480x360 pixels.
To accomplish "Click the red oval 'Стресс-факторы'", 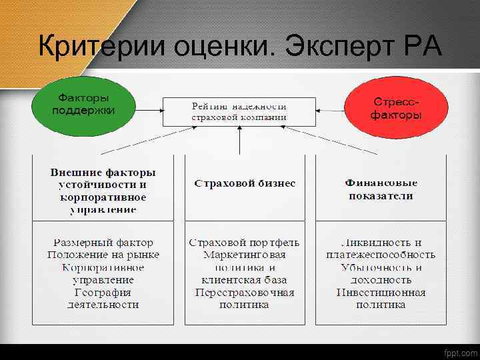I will click(396, 107).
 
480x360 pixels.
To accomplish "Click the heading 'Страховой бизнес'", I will click(245, 183).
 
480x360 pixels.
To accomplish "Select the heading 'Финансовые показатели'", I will click(381, 189).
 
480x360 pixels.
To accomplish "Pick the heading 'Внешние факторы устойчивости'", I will click(103, 178).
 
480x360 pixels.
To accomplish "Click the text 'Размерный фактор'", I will click(103, 243).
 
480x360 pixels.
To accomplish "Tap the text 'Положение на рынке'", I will click(103, 255).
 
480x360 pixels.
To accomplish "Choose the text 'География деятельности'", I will click(103, 299).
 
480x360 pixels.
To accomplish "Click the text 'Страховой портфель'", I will click(245, 243).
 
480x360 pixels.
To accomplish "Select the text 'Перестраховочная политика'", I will click(245, 299).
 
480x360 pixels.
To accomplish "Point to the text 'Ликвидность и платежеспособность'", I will click(381, 249).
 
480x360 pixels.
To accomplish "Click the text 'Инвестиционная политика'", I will click(381, 299).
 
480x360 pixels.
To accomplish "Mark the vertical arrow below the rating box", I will click(239, 139).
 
